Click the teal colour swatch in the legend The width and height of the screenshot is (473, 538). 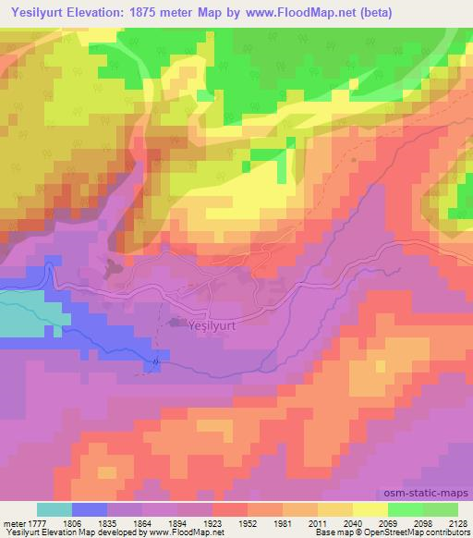tap(55, 509)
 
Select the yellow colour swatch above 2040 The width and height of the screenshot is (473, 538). tap(334, 509)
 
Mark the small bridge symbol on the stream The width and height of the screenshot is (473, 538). tap(156, 361)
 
